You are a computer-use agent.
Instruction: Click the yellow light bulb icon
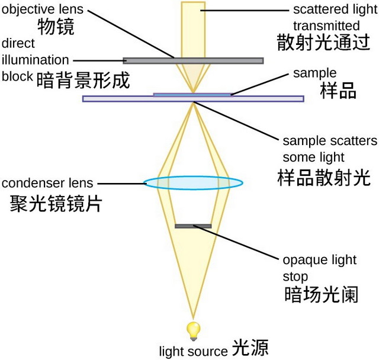192,329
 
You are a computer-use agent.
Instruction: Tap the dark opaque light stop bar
193,226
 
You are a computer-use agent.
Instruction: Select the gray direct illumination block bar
193,60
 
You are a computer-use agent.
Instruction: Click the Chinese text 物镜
56,27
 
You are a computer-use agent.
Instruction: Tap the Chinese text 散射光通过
323,43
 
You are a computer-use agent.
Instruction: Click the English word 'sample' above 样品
314,73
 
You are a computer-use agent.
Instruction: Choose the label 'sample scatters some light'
329,149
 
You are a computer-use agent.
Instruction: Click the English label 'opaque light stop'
320,268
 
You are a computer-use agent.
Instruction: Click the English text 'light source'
193,351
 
